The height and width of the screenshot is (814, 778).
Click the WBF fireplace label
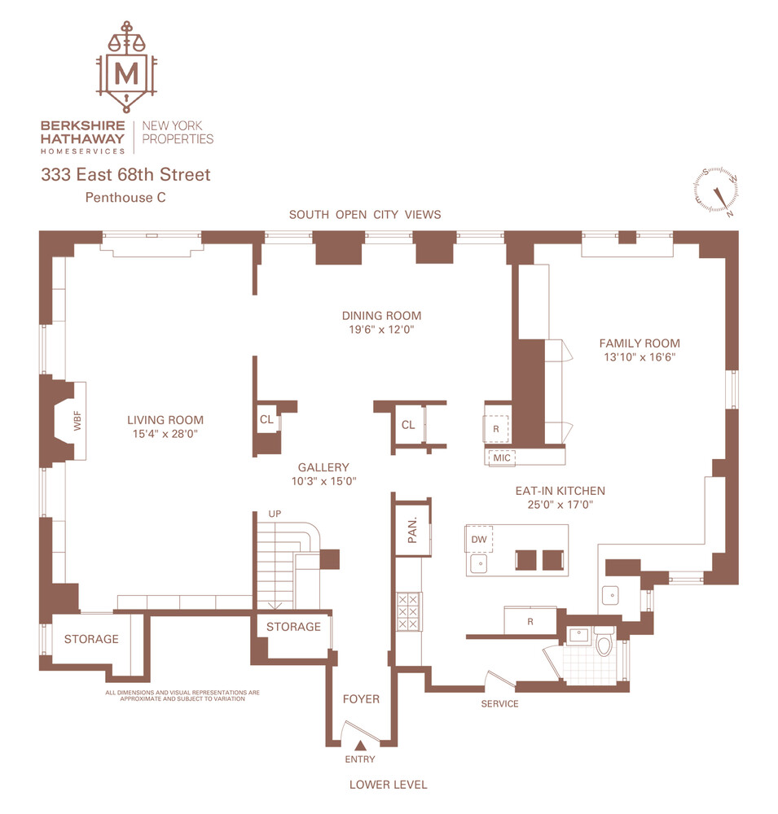click(x=78, y=422)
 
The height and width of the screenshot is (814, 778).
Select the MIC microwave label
click(x=502, y=457)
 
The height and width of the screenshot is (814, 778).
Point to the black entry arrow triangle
click(x=360, y=744)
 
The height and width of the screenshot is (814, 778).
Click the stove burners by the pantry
click(x=407, y=610)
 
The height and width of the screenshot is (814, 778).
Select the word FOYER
click(x=360, y=698)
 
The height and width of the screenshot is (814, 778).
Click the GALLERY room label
click(x=323, y=467)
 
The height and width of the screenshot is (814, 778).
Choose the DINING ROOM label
click(x=381, y=316)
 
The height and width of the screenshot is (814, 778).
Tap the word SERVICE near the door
click(x=499, y=703)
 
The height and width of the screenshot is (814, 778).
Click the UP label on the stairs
click(x=275, y=514)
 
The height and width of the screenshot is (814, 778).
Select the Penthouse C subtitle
click(x=125, y=197)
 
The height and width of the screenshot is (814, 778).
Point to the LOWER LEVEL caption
click(x=388, y=785)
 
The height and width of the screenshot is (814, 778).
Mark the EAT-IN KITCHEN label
click(x=560, y=491)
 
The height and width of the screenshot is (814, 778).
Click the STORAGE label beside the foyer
click(x=293, y=626)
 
